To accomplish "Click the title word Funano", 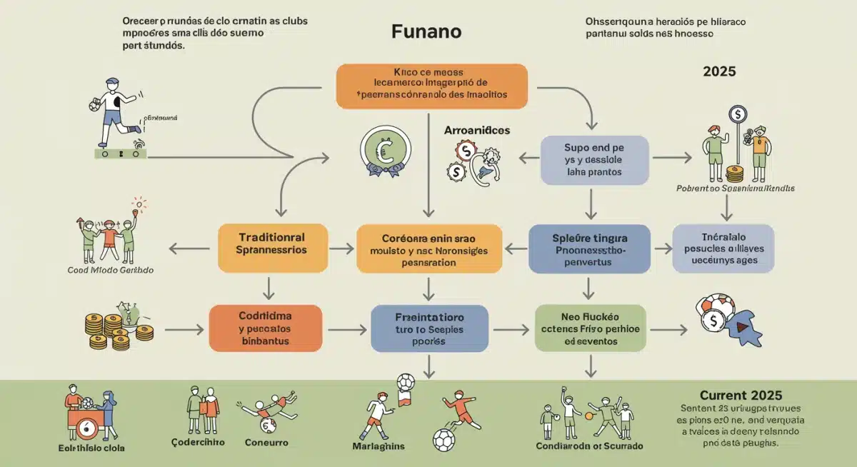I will coord(426,32).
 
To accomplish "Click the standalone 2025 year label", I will coord(719,71).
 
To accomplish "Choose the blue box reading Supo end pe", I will coord(594,161).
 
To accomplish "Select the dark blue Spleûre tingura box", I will coord(589,249).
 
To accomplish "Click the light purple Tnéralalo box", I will coord(723,248).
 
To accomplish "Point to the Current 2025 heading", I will coord(741,395).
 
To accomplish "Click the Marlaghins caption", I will coord(379,446).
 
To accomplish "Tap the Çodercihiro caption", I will coord(198,442).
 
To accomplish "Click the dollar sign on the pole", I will coord(736,114).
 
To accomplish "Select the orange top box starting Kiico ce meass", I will coord(431,86).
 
